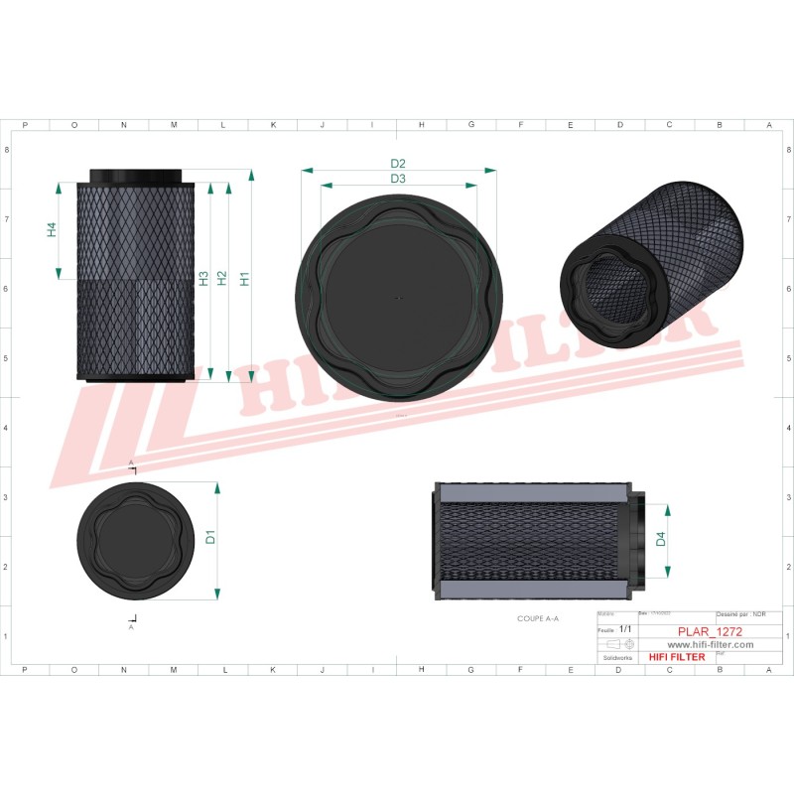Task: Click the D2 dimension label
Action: click(x=398, y=163)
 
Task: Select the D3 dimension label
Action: click(x=398, y=179)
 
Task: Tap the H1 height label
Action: click(x=244, y=279)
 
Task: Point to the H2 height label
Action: click(x=222, y=279)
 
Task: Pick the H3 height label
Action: click(x=202, y=279)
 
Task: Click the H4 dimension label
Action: click(x=52, y=229)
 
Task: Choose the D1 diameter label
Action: click(x=210, y=538)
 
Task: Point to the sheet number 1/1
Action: click(x=625, y=629)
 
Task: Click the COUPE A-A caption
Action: click(x=538, y=617)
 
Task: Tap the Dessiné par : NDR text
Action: click(x=740, y=615)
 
